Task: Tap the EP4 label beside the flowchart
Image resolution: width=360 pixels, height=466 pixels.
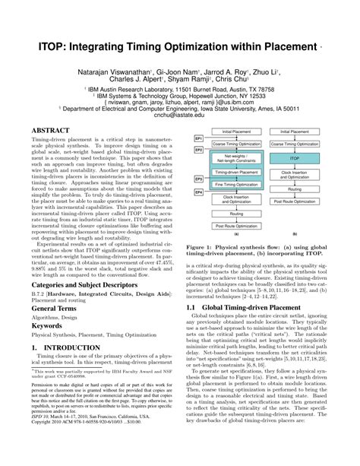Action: coord(199,193)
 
